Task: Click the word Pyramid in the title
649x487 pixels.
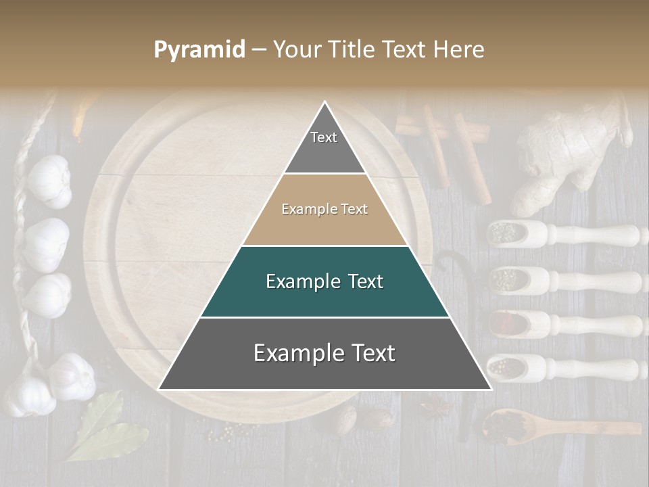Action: coord(199,50)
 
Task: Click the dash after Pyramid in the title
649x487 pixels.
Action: coord(258,50)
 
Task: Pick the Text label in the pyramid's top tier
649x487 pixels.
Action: coord(324,137)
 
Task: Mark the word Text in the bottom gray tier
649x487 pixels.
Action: coord(371,353)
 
